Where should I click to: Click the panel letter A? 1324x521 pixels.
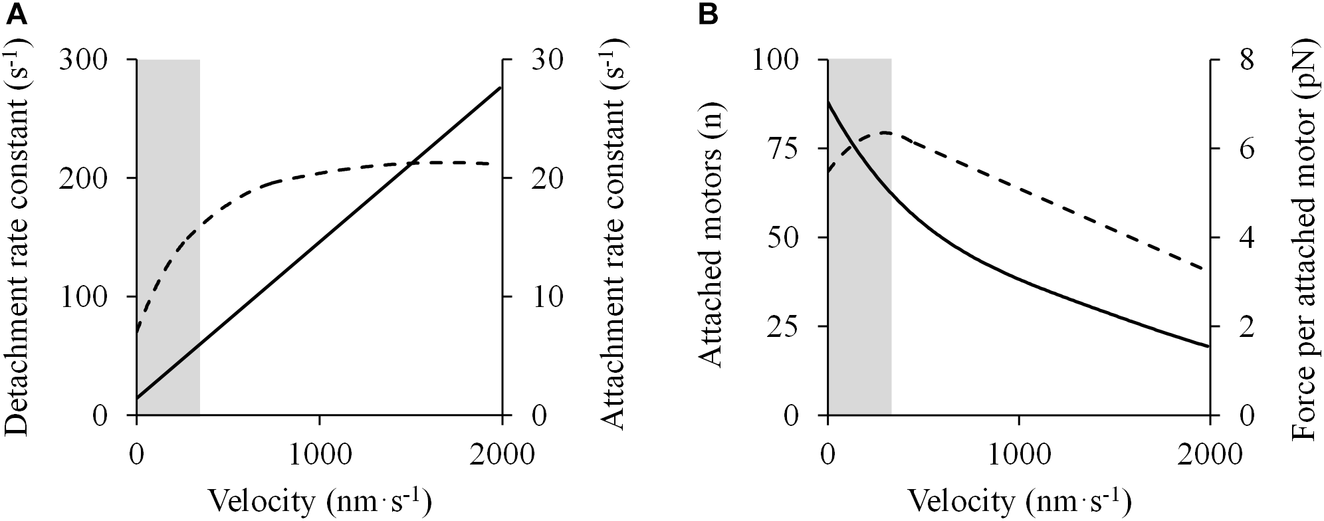point(16,15)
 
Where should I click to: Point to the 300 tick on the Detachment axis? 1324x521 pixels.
point(90,60)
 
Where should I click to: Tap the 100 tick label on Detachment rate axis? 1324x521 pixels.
point(90,297)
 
